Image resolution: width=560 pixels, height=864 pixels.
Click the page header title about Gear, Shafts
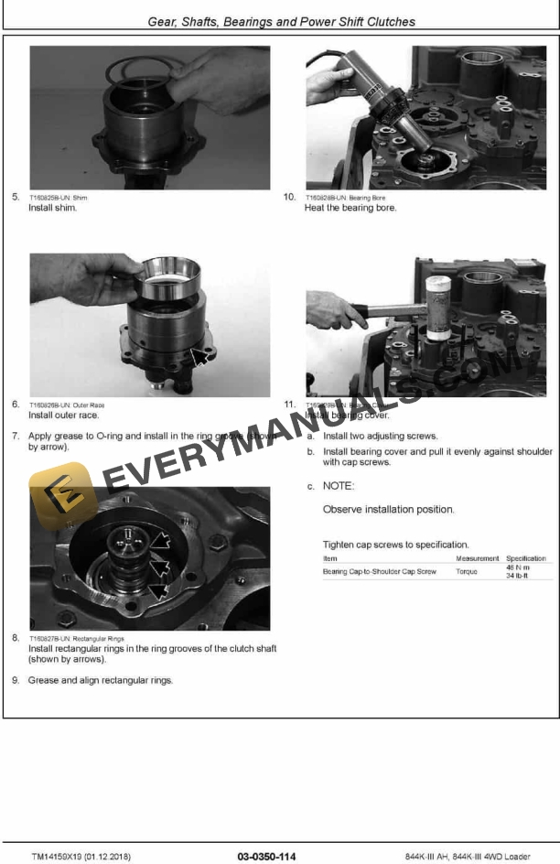[280, 21]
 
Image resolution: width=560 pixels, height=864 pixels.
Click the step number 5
[16, 197]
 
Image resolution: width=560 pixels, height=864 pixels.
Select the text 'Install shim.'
[53, 208]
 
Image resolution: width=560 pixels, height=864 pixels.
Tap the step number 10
[289, 197]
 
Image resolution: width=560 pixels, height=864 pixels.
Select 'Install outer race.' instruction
[63, 415]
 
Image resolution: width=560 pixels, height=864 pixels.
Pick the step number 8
[16, 637]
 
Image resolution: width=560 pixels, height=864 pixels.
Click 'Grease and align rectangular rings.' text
[101, 680]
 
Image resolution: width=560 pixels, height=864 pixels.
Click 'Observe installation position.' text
[389, 509]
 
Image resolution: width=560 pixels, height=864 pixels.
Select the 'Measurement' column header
[478, 557]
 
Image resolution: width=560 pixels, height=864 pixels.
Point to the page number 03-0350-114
[266, 856]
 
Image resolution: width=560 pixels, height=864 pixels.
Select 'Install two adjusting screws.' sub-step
[380, 436]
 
